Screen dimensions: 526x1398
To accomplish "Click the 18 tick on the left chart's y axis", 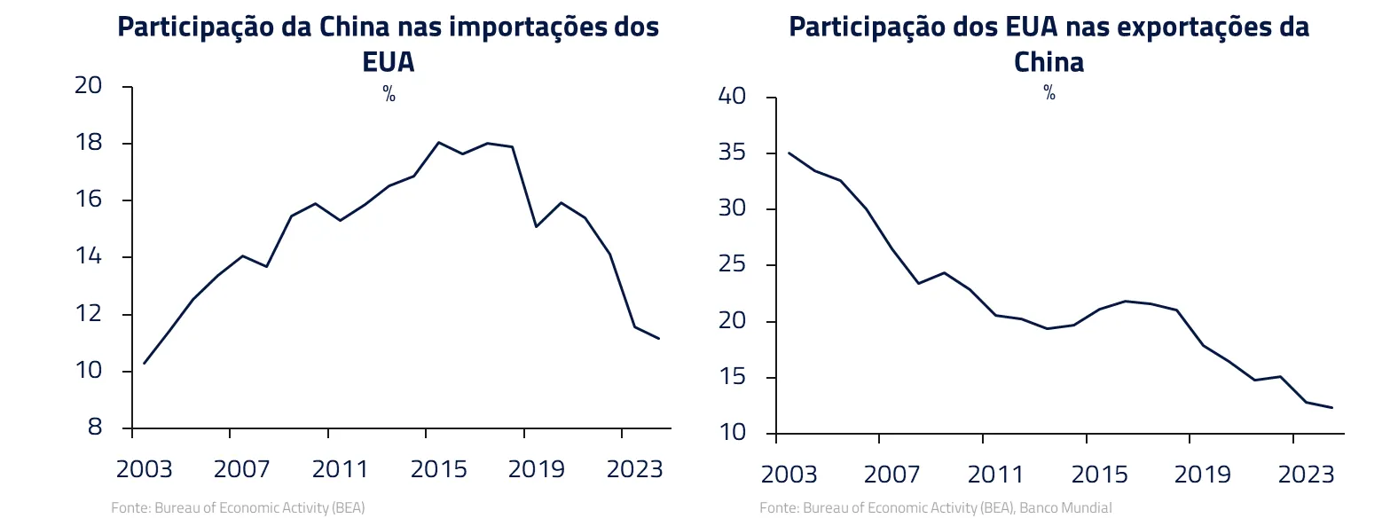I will click(x=90, y=143).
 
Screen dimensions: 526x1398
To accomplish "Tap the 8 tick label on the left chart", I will click(x=95, y=428).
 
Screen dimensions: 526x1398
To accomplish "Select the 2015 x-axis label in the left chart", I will click(x=438, y=468).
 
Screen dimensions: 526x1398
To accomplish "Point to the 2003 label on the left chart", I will click(x=144, y=468).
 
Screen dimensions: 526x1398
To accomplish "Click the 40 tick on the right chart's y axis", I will click(x=734, y=96).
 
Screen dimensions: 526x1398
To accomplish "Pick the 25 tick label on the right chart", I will click(x=734, y=265).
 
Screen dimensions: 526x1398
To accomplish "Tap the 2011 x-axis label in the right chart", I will click(x=995, y=475).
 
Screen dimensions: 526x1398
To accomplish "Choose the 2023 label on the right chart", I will click(x=1306, y=475).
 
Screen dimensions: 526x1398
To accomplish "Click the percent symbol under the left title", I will click(x=389, y=95).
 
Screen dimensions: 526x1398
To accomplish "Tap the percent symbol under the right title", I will click(x=1049, y=93).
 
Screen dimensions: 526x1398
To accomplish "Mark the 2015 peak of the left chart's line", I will click(x=438, y=142).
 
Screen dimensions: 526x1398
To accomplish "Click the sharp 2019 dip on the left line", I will click(x=536, y=226).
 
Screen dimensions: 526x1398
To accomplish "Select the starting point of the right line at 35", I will click(x=789, y=153).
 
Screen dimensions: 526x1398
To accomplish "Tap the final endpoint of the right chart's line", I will click(x=1332, y=407).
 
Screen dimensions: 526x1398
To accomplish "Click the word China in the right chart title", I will click(x=1049, y=62).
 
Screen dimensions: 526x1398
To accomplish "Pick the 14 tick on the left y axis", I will click(x=90, y=257).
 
